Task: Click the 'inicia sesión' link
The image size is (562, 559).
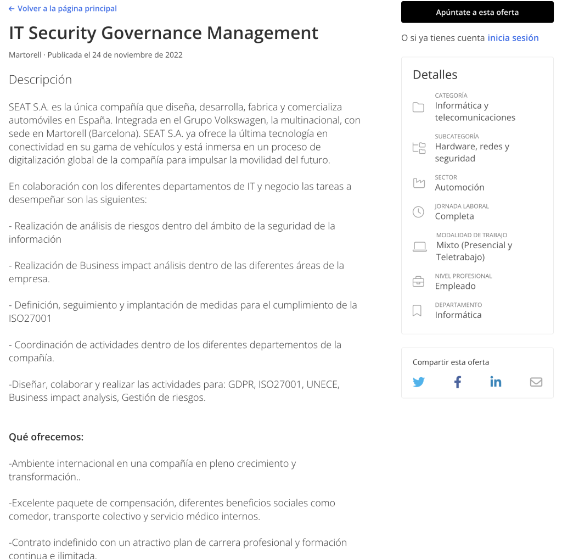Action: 513,38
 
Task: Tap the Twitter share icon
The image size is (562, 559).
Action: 419,382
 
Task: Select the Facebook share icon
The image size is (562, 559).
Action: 457,382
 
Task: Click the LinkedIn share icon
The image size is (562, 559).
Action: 496,382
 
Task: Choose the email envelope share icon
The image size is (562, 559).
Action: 536,382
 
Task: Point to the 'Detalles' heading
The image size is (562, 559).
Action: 435,75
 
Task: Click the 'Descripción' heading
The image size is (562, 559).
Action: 40,80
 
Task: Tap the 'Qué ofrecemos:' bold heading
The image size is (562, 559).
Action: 46,437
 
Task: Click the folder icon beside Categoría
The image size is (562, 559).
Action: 418,107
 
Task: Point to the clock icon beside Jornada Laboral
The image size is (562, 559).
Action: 418,212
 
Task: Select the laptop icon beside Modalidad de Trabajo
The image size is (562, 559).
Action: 419,247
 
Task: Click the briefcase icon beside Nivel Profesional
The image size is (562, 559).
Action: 418,282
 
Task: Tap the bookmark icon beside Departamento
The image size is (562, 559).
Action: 417,311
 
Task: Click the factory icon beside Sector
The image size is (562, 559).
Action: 419,183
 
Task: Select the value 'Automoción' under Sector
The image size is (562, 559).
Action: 459,187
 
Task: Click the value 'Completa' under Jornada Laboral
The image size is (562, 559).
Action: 454,216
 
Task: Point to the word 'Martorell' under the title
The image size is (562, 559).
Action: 25,55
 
